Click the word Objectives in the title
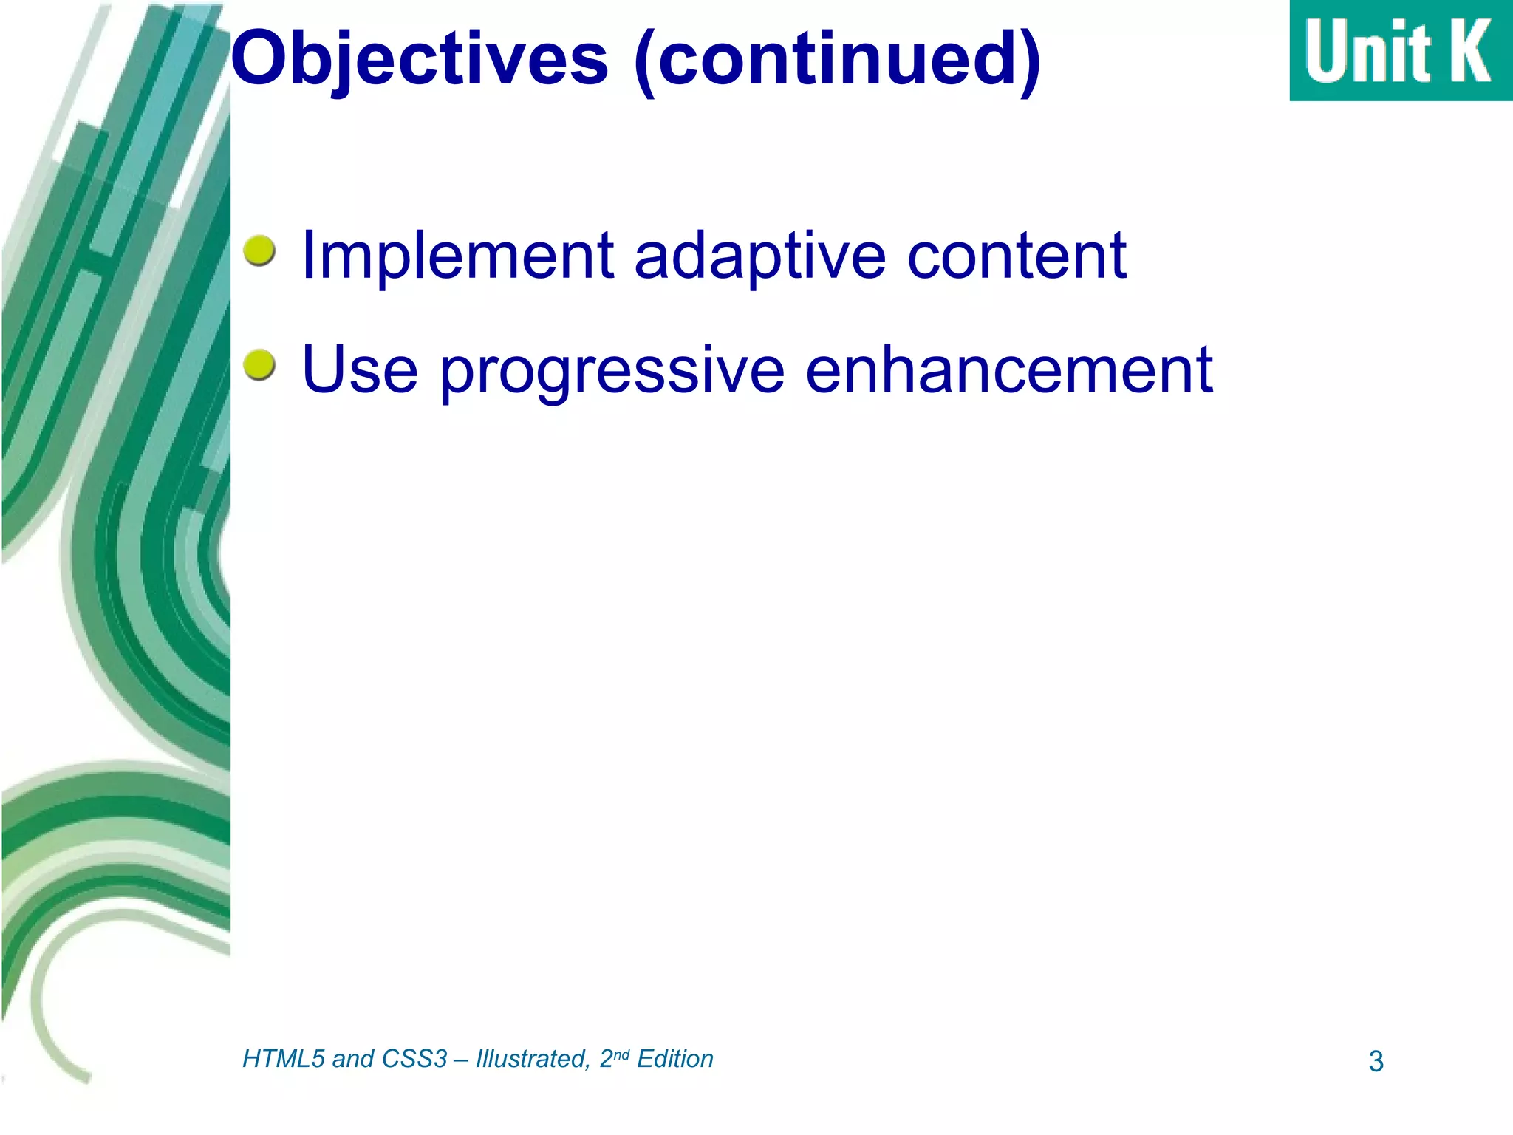[420, 59]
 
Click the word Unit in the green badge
[1367, 52]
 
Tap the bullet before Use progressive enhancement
[259, 365]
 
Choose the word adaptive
[759, 256]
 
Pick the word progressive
[612, 371]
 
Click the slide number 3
[1376, 1062]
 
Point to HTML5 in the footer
[284, 1059]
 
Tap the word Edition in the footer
[674, 1059]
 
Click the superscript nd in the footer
[621, 1054]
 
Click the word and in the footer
[352, 1059]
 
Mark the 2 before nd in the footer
[606, 1059]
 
